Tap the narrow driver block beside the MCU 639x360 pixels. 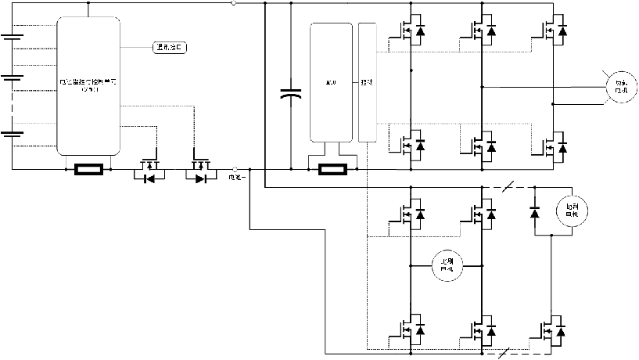(x=367, y=82)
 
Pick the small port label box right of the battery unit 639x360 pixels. (x=170, y=48)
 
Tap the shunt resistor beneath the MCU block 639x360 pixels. (x=336, y=168)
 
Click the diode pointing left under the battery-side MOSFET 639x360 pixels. (x=147, y=178)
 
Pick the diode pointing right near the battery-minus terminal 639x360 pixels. (x=202, y=178)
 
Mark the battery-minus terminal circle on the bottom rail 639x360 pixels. (x=235, y=168)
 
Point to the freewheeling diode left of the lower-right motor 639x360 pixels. (x=534, y=211)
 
